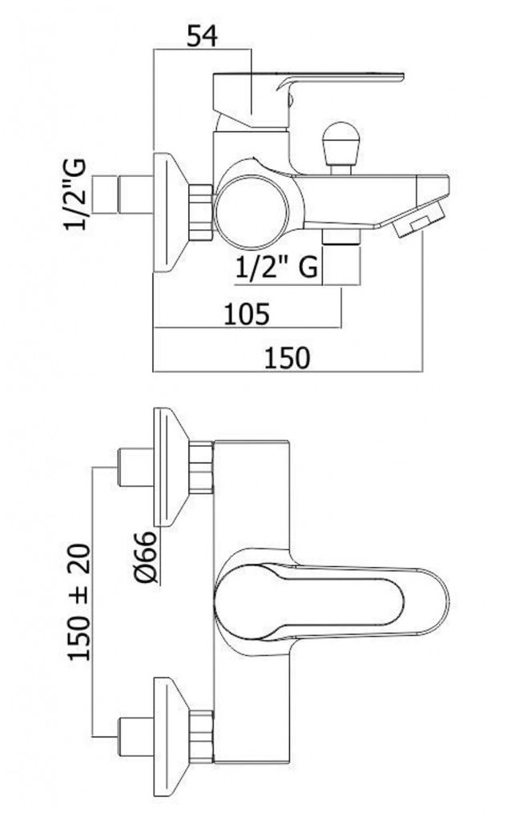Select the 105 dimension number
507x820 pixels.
click(247, 314)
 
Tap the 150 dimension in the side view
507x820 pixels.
click(287, 358)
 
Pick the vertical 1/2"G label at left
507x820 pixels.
click(75, 194)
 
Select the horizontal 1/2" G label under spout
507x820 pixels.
click(276, 268)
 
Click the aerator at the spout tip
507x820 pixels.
click(419, 219)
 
